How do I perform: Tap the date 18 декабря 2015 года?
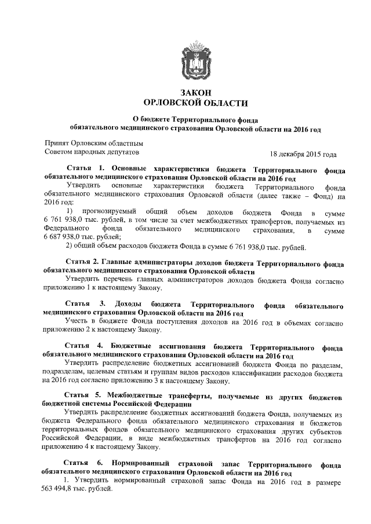click(x=303, y=154)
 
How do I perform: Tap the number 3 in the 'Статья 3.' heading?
click(x=103, y=304)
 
